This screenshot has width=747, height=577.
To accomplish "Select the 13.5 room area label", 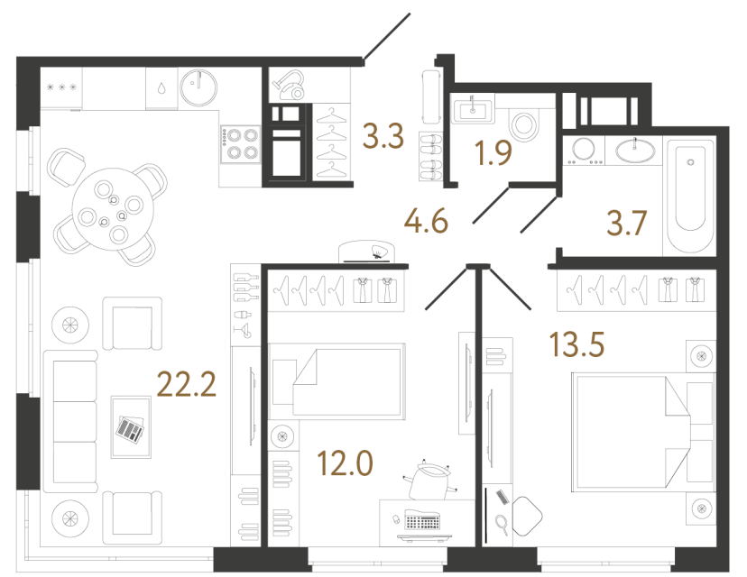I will (576, 344).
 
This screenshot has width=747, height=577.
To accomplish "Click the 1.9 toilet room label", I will (494, 154).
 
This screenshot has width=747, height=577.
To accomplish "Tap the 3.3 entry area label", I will (382, 138).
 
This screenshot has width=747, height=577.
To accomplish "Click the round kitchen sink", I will (198, 87).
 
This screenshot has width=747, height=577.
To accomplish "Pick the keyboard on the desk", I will (422, 520).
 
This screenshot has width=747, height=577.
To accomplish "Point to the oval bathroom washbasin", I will (640, 148).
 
